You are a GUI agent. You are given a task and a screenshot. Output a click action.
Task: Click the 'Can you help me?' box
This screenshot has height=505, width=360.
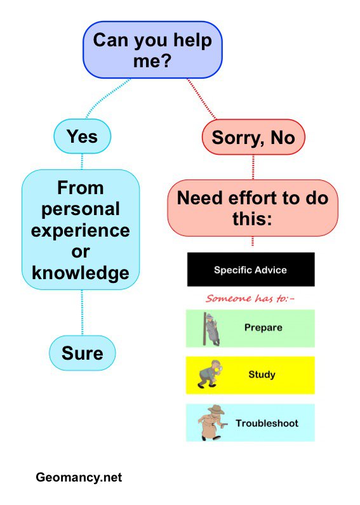(152, 50)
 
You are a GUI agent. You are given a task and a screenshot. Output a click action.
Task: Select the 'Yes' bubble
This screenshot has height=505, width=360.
(82, 136)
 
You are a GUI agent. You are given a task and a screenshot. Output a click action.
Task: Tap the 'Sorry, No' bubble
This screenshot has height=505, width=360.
(253, 137)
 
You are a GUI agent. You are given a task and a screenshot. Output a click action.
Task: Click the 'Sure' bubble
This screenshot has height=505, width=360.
(82, 353)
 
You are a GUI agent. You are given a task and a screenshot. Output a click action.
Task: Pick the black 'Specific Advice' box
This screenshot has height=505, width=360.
(251, 270)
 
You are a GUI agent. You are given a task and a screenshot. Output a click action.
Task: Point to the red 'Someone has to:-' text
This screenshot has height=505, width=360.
(250, 299)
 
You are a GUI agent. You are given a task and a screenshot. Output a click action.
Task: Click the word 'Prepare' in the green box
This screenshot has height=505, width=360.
(263, 327)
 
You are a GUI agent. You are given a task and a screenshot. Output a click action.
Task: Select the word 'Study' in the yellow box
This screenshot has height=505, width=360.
(262, 374)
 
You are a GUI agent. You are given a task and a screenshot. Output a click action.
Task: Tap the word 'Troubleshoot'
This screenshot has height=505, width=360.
(267, 423)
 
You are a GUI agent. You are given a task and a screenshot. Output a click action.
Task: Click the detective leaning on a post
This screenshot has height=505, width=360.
(211, 329)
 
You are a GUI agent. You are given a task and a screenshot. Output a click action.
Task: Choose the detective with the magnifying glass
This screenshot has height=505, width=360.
(208, 374)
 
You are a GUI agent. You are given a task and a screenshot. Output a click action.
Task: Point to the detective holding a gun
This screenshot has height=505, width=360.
(211, 423)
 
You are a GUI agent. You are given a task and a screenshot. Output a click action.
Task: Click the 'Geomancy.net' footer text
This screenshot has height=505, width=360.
(79, 477)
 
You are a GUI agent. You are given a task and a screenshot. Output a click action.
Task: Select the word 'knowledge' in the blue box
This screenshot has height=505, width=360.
(81, 273)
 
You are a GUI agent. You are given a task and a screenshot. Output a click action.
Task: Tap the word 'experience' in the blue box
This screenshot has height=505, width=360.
(81, 230)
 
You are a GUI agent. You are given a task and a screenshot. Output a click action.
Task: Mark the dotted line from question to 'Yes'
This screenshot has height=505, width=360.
(105, 96)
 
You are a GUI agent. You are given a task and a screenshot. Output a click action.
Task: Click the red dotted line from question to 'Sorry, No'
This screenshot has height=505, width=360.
(202, 99)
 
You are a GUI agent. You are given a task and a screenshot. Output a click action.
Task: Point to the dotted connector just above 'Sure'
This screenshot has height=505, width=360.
(82, 312)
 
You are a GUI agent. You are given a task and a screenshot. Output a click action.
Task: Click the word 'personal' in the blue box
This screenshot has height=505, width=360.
(81, 209)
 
